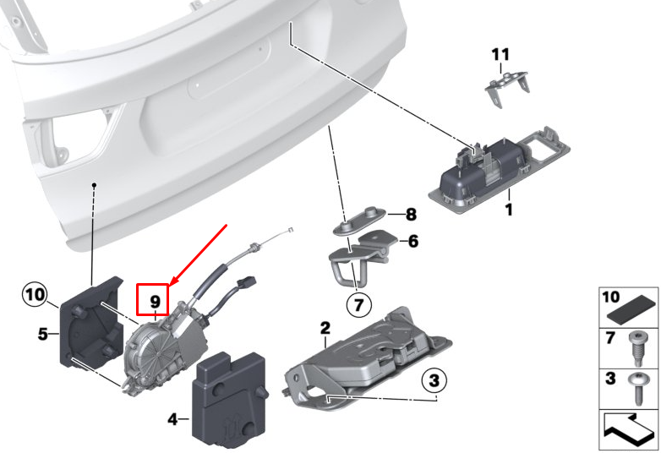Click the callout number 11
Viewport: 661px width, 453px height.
(500, 54)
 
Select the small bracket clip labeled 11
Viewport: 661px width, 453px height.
(506, 87)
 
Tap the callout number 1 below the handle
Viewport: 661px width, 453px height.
(509, 210)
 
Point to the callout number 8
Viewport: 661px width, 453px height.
(411, 214)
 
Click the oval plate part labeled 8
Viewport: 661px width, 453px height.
(359, 220)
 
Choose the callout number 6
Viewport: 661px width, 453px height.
(413, 241)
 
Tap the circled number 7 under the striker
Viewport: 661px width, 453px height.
(358, 304)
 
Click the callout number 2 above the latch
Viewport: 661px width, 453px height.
(325, 328)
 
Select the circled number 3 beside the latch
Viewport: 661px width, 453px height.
(434, 380)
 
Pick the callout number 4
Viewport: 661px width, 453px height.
(172, 419)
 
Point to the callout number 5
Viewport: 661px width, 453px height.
(43, 334)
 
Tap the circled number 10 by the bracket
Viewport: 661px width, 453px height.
(35, 295)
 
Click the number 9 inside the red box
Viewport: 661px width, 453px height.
(156, 302)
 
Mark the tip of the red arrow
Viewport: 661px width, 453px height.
(169, 283)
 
